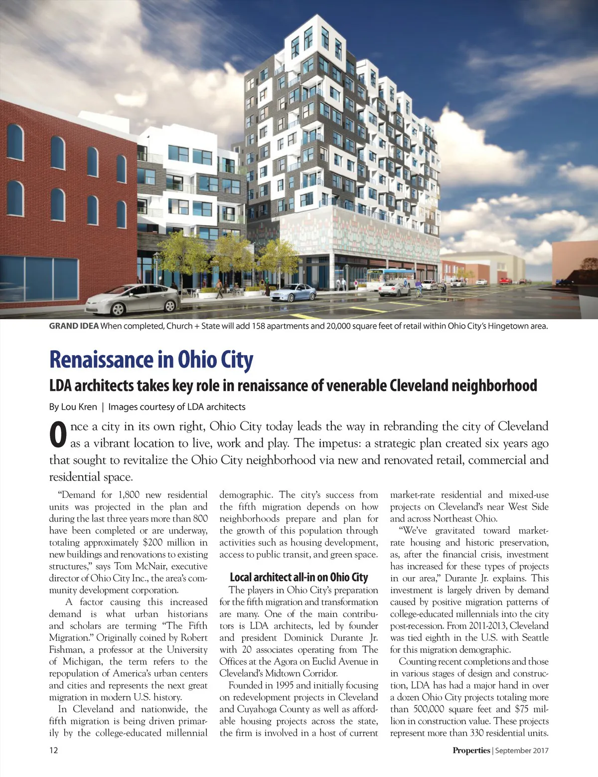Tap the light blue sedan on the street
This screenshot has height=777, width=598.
(293, 292)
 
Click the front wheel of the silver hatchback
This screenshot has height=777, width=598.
(118, 309)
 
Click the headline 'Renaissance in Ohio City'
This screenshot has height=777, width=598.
(151, 360)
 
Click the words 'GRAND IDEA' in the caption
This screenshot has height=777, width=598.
(74, 326)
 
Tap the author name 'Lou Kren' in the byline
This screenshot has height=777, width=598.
(79, 407)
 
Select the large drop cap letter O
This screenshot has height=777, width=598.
(58, 435)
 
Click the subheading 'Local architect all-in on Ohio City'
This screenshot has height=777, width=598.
(299, 578)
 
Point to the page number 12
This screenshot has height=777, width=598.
(53, 750)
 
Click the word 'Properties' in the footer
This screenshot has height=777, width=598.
(471, 750)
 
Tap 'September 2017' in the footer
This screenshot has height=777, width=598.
(522, 750)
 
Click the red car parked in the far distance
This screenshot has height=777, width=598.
(504, 281)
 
